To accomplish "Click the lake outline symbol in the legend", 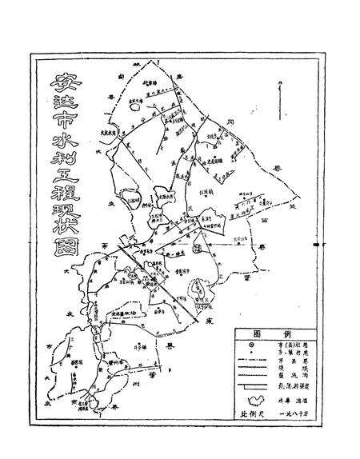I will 257,402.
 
